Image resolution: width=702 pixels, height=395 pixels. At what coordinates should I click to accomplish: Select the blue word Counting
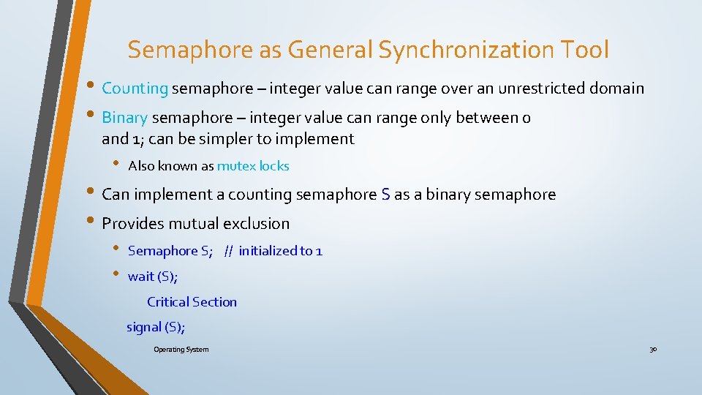point(135,89)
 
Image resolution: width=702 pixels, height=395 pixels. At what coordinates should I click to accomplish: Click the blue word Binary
point(125,117)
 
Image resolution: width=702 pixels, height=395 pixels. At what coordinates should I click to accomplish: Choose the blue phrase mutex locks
point(253,166)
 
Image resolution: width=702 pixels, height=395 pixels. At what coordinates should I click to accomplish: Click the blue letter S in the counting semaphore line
point(385,195)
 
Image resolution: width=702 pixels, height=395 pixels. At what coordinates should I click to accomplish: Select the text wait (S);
point(153,276)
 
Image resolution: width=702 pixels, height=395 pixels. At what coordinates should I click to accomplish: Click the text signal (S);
point(156,327)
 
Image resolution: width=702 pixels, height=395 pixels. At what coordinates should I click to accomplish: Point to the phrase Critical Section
point(192,302)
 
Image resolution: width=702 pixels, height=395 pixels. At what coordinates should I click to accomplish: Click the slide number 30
point(653,350)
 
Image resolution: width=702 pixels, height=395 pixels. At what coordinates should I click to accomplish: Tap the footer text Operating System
point(181,350)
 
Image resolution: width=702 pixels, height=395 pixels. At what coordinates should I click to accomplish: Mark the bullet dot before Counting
point(93,89)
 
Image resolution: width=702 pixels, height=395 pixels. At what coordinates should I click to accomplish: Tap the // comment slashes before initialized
point(229,251)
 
